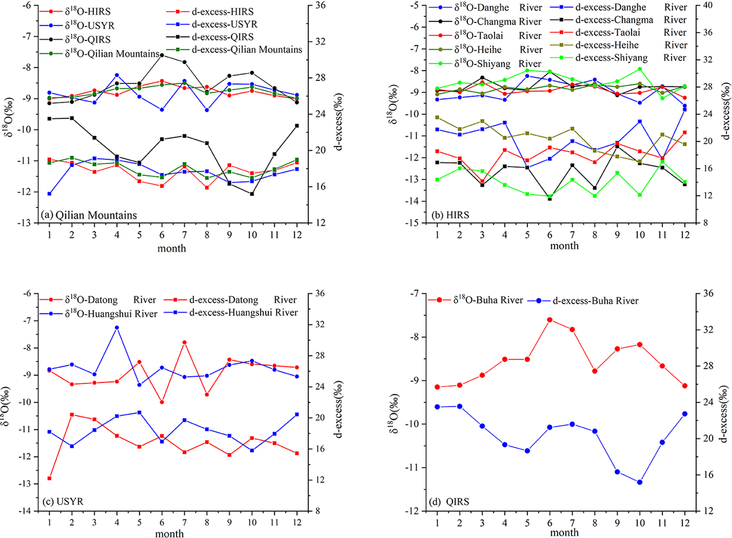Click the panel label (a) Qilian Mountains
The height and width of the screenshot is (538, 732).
click(89, 215)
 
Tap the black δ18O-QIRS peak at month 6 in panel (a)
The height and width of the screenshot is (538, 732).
click(162, 55)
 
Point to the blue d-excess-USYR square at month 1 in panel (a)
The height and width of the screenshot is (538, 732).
click(50, 194)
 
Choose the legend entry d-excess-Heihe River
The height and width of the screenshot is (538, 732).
click(607, 45)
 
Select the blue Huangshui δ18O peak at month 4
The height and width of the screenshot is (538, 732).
click(117, 328)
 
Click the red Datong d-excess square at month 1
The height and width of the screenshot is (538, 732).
click(50, 478)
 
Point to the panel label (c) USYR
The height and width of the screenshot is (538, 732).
click(62, 502)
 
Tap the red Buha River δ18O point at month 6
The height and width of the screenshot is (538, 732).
click(550, 320)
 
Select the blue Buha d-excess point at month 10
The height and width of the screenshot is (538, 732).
click(640, 482)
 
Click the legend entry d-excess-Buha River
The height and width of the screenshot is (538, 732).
click(595, 301)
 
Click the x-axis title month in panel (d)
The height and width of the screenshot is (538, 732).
click(564, 532)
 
